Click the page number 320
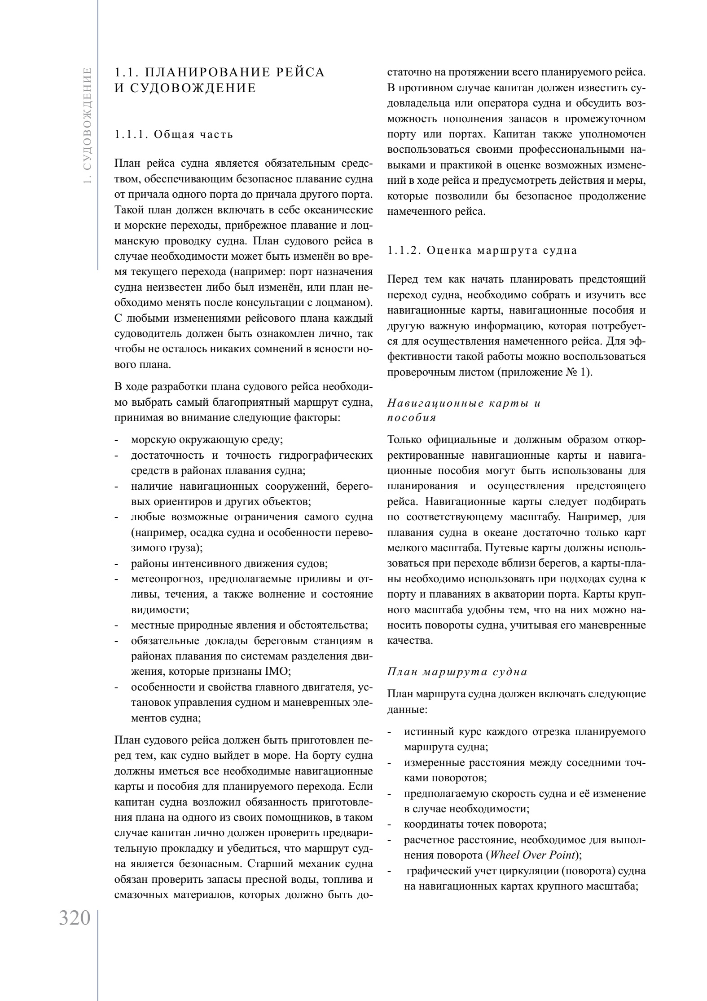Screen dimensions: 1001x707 pos(75,918)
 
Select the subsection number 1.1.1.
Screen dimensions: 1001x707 pos(131,134)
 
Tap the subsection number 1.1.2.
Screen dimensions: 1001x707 pos(404,250)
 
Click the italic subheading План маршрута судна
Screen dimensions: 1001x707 pos(457,672)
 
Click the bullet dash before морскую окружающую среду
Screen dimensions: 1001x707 pos(117,440)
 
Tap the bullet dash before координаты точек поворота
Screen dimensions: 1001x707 pos(390,824)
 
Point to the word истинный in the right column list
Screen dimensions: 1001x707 pos(427,732)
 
